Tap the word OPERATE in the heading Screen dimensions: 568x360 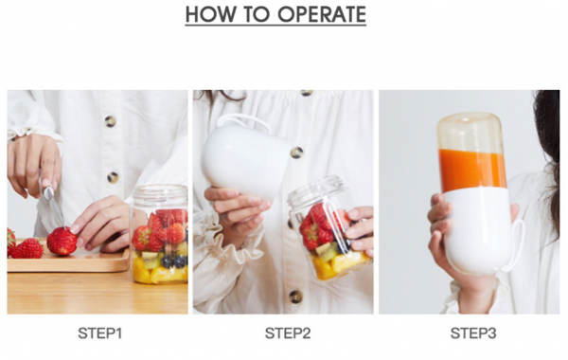322,14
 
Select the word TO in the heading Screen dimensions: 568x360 256,14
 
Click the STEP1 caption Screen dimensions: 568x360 100,333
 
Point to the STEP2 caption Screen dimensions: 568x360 288,333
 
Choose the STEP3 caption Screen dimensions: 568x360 473,333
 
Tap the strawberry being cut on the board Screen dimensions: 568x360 62,241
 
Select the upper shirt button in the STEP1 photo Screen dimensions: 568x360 110,121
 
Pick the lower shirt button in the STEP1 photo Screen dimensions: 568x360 113,178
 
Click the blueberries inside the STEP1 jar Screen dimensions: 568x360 174,261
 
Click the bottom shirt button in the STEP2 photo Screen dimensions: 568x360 295,297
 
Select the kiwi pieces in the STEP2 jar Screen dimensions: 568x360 327,253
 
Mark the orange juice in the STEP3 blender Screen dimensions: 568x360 472,171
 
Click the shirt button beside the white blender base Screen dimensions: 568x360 296,153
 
